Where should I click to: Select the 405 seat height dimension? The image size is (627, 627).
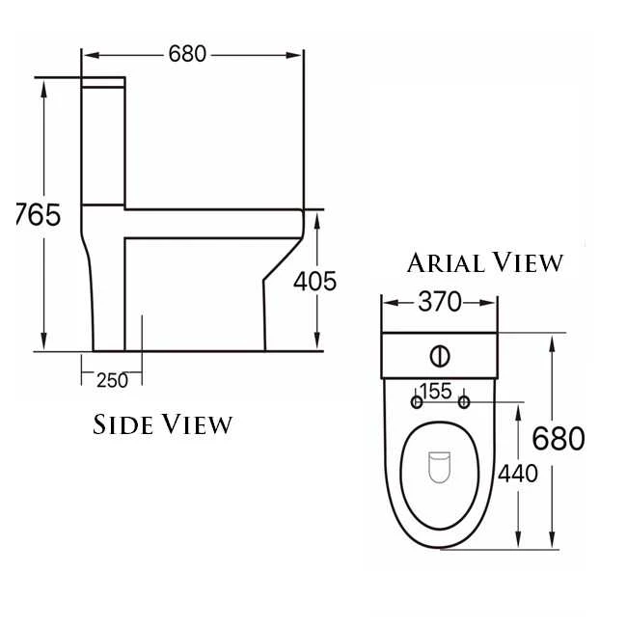coord(314,282)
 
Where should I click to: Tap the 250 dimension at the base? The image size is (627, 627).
coord(112,380)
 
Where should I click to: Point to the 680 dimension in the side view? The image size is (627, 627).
coord(188,54)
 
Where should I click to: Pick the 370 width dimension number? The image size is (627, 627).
coord(440,302)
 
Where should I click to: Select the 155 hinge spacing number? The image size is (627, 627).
coord(436,391)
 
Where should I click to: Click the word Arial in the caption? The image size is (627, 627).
coord(445,262)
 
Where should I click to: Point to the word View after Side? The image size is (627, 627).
coord(198,424)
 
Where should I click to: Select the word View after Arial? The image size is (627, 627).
coord(527,262)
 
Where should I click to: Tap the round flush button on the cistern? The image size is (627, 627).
coord(440,356)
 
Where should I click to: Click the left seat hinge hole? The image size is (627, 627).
coord(417,401)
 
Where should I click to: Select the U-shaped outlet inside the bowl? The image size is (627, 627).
coord(440,469)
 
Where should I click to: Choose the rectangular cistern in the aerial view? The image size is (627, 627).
coord(440,355)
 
